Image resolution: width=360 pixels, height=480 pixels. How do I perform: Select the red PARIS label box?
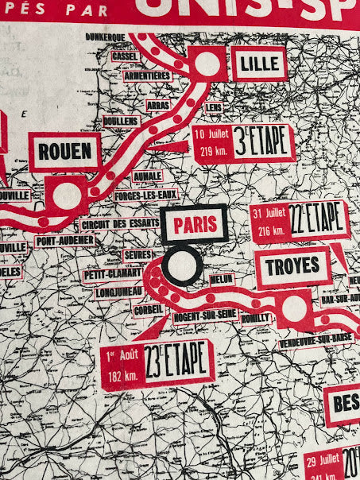[195, 225]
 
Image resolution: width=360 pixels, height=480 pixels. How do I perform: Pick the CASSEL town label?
[125, 56]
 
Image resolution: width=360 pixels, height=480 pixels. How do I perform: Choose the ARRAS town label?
[158, 104]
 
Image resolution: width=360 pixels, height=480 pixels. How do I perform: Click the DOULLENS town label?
[121, 121]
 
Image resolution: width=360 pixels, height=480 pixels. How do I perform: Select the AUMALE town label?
[148, 176]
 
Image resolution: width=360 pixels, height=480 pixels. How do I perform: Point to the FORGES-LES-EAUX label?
[146, 194]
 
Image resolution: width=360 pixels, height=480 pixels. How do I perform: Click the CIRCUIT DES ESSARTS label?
[119, 224]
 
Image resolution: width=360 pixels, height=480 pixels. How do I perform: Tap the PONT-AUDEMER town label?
[65, 240]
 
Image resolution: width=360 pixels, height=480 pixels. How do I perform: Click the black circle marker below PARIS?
[181, 266]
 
